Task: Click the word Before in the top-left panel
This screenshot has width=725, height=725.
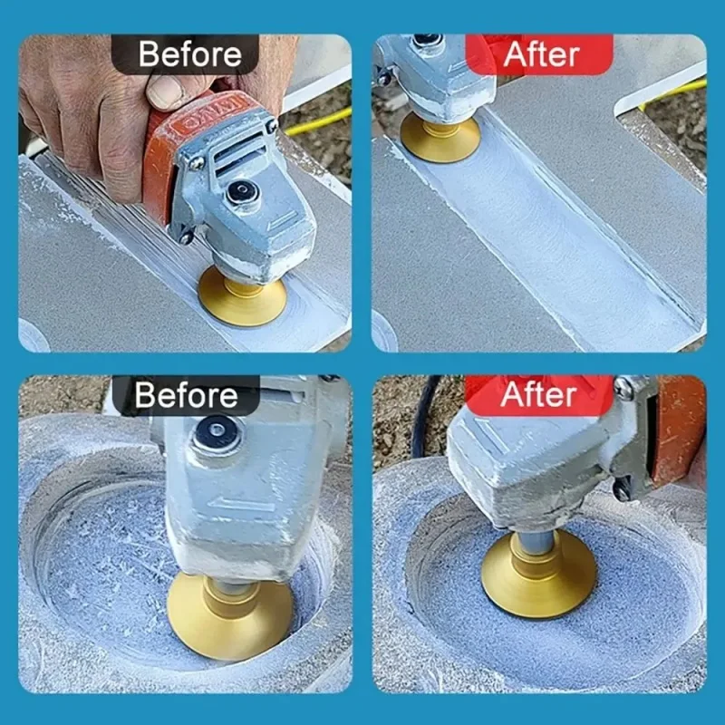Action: coord(190,54)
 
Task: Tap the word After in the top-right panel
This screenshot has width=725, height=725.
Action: coord(541,55)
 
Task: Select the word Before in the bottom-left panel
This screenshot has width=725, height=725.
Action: coord(187,396)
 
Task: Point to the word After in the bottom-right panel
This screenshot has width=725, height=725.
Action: coord(538,395)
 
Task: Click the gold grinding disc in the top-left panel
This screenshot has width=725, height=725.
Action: coord(242,297)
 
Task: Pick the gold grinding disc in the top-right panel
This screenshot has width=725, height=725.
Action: coord(440,138)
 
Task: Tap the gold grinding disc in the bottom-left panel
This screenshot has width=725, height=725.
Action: coord(230,615)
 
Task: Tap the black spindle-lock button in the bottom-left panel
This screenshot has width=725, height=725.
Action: coord(217,433)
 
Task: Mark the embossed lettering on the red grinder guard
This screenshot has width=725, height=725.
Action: coord(214,113)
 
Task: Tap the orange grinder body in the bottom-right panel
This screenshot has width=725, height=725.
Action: coord(680,432)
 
